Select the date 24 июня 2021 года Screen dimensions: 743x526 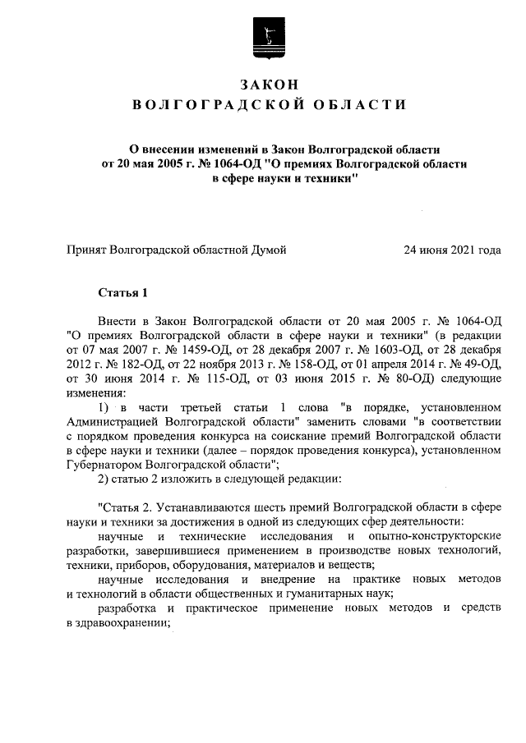[452, 250]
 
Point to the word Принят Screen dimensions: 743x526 [86, 250]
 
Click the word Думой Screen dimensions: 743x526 [268, 250]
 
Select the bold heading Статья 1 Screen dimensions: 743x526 [122, 292]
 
